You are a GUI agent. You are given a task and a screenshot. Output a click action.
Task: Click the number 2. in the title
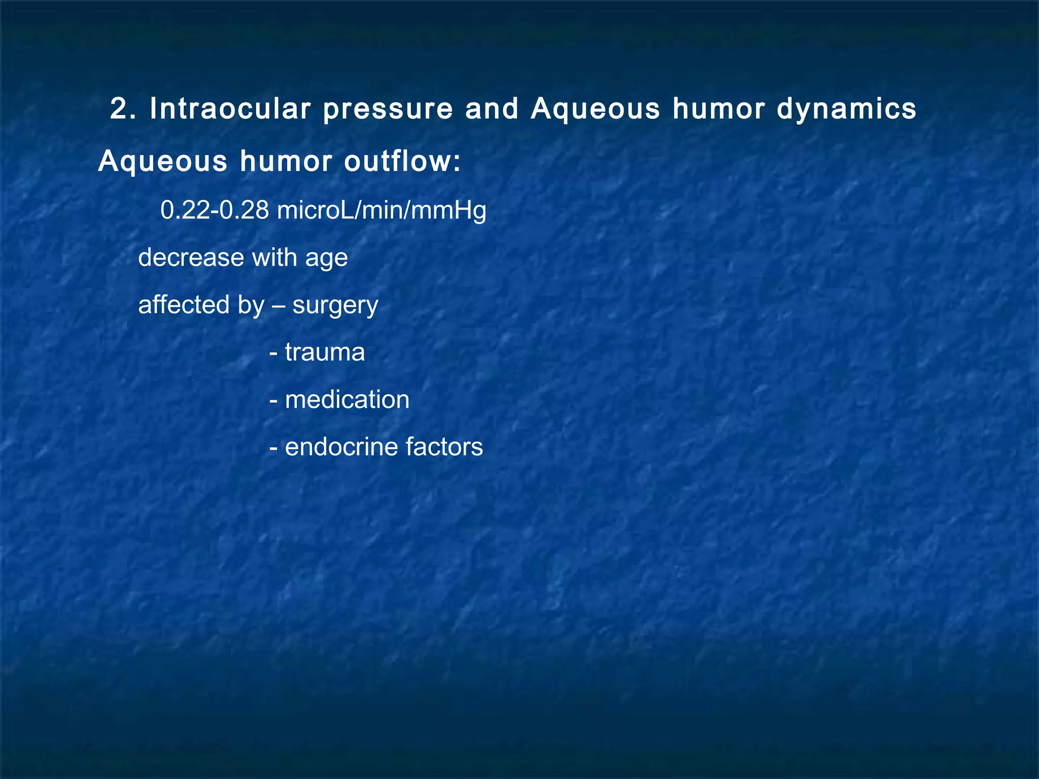click(x=123, y=109)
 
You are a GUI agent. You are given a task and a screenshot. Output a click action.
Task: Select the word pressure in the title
click(x=388, y=109)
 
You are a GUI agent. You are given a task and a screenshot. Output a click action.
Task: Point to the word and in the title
click(x=492, y=109)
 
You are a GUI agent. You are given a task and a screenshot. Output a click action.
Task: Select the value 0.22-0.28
click(x=215, y=210)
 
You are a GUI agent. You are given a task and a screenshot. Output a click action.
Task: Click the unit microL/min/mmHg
click(x=382, y=210)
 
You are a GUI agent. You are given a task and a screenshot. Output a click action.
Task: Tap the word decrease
click(x=191, y=257)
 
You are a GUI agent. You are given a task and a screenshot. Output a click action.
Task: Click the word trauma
click(x=325, y=352)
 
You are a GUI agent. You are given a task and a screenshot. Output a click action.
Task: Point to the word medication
click(x=347, y=399)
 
